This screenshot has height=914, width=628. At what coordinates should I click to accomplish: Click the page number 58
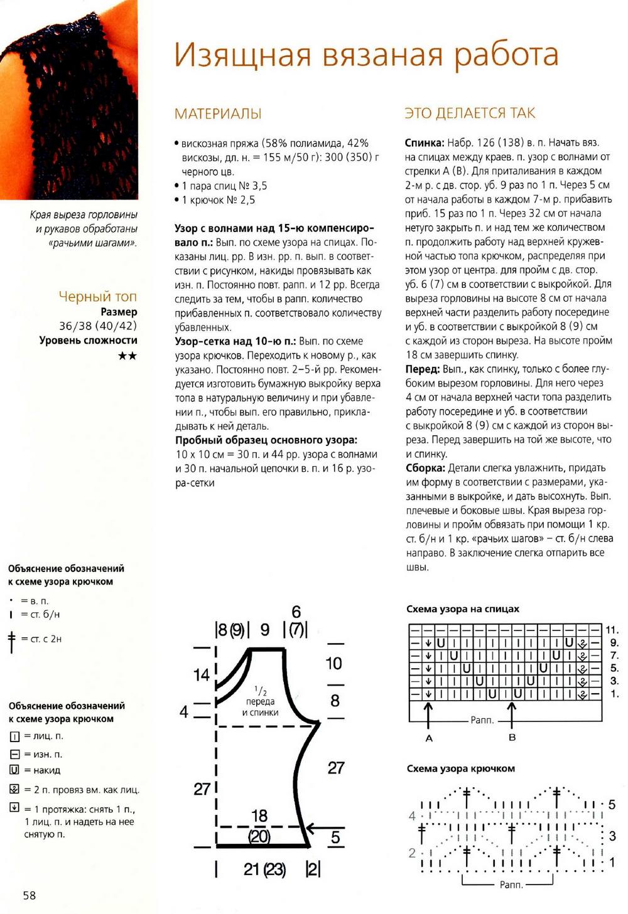(30, 895)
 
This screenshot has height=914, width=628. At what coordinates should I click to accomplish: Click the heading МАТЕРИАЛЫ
(218, 114)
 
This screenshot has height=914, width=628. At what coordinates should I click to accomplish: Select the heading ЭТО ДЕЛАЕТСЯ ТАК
(470, 113)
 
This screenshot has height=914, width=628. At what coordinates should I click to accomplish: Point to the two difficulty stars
(127, 356)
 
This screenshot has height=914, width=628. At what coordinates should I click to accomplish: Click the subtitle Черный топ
(97, 296)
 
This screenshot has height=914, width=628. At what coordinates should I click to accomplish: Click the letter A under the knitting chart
(429, 738)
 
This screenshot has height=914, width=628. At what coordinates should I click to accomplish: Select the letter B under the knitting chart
(512, 738)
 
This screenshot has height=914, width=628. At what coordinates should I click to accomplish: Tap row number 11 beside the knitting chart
(612, 630)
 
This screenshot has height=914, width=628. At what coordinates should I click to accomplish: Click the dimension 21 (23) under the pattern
(264, 869)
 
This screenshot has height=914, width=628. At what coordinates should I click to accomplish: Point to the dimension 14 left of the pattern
(201, 675)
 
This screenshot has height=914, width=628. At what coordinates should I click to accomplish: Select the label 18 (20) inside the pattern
(259, 826)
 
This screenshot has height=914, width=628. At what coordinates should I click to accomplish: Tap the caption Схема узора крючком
(460, 768)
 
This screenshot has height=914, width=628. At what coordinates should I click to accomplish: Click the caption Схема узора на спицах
(463, 609)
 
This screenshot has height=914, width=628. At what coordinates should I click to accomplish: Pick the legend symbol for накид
(14, 770)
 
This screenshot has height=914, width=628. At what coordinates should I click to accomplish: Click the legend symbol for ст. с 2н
(11, 641)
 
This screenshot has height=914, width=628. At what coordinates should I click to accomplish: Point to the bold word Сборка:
(425, 468)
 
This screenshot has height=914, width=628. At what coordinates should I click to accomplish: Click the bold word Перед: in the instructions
(422, 369)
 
